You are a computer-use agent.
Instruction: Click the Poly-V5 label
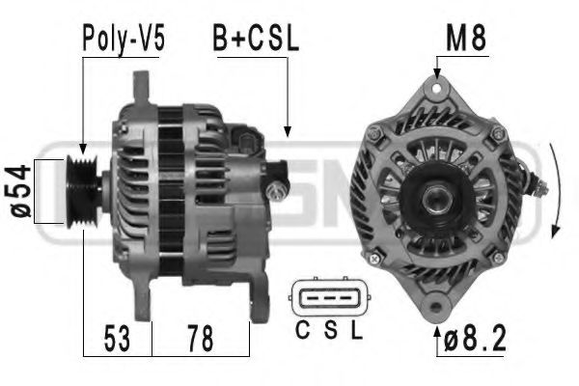click(x=124, y=40)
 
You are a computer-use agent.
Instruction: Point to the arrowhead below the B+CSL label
click(x=287, y=130)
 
